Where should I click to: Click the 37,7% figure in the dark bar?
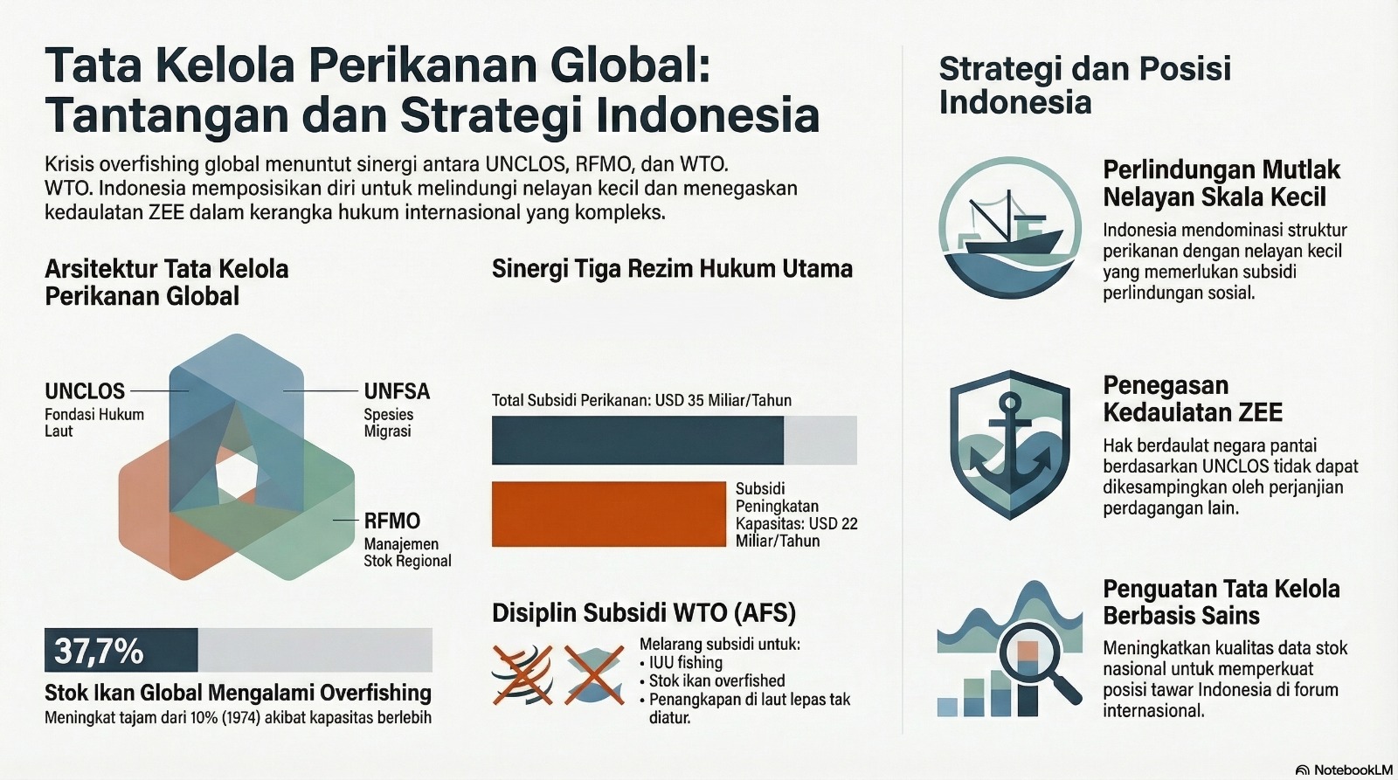99,651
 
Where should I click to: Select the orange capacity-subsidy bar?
608,514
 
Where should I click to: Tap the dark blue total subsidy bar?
637,440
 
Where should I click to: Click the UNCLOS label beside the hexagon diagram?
85,391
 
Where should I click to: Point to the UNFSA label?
397,391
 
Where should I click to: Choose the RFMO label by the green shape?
392,521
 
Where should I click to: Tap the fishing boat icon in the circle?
1009,227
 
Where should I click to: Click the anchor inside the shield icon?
1009,444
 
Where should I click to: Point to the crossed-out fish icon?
594,675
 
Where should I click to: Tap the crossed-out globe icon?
523,675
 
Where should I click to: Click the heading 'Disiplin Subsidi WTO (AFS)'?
644,613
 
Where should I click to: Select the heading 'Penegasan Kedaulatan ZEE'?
1193,399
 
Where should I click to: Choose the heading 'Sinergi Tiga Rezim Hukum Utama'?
672,269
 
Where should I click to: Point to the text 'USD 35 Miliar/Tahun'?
723,400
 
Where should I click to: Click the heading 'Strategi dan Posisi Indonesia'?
1085,85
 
